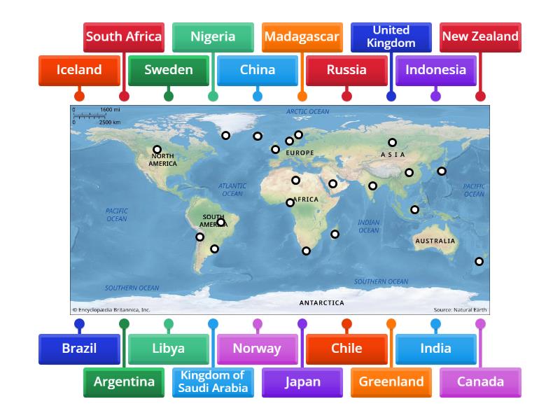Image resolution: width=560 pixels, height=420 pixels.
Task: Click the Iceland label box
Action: [x=78, y=70]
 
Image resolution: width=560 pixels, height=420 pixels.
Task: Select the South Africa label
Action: [x=124, y=36]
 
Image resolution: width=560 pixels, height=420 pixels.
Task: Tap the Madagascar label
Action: [x=302, y=36]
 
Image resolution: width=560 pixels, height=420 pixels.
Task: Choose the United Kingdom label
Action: [x=391, y=36]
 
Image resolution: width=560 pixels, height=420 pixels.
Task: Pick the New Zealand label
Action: [x=480, y=36]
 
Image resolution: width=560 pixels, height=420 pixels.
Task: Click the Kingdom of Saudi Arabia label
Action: [x=213, y=381]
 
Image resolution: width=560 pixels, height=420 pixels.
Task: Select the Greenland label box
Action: [x=391, y=381]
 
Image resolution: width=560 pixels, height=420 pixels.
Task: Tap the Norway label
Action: [x=257, y=348]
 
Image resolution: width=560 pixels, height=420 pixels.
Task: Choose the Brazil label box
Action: [x=79, y=348]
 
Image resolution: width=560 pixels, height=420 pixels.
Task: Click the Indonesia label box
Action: [x=435, y=70]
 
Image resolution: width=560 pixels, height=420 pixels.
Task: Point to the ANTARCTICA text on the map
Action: [x=321, y=303]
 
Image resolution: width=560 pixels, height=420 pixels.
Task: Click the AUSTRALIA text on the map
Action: [x=435, y=241]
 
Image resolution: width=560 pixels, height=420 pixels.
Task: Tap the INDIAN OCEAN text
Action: [x=368, y=226]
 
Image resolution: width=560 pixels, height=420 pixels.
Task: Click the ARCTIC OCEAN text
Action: [x=307, y=111]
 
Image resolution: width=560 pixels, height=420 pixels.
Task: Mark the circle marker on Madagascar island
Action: [x=335, y=234]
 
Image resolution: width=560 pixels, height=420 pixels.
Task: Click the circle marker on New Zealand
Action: [x=479, y=262]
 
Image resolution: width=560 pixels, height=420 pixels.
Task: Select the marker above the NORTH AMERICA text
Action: [x=157, y=150]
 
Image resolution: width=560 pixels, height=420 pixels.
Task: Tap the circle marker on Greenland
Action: [x=225, y=136]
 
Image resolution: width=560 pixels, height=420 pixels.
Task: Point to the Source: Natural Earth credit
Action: [x=460, y=309]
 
